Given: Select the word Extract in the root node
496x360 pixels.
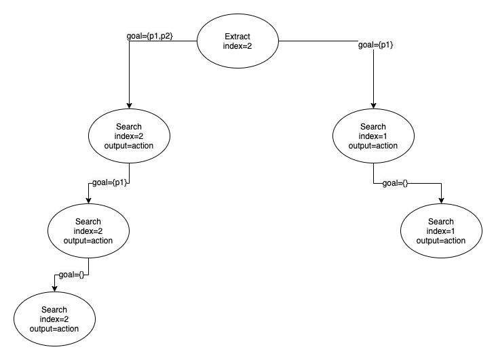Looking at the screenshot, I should pyautogui.click(x=237, y=36).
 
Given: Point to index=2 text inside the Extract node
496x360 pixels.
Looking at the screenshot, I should pyautogui.click(x=237, y=46).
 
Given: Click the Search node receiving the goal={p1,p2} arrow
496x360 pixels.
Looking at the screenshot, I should pyautogui.click(x=129, y=136).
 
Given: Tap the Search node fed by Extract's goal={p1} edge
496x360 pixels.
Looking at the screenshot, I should pyautogui.click(x=373, y=136).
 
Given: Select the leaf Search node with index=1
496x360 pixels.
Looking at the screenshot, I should pyautogui.click(x=441, y=231).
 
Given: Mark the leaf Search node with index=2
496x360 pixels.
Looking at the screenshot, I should pyautogui.click(x=54, y=319).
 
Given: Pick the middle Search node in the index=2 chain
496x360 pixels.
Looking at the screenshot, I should pyautogui.click(x=89, y=231).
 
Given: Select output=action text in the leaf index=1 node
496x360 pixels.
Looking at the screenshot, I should pyautogui.click(x=441, y=240).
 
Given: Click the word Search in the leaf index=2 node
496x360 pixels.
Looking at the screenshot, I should pyautogui.click(x=54, y=310).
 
